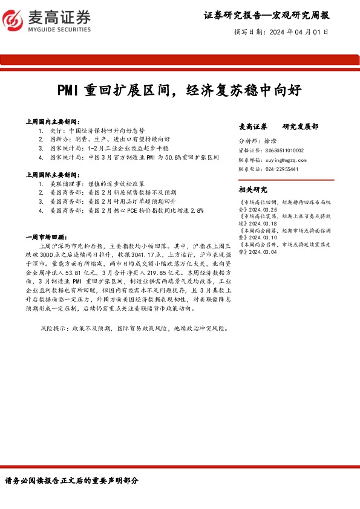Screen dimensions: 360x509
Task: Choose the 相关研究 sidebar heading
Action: pyautogui.click(x=254, y=189)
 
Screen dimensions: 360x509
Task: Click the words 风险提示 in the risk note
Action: pyautogui.click(x=51, y=328)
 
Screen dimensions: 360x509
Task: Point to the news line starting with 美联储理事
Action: pyautogui.click(x=97, y=183)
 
